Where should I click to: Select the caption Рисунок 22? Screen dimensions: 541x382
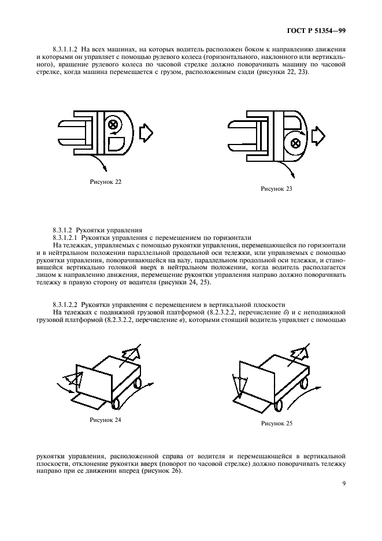(x=106, y=182)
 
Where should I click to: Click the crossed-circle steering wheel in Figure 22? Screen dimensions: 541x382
(x=113, y=124)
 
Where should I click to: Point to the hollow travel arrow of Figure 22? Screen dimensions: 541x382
(x=148, y=133)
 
